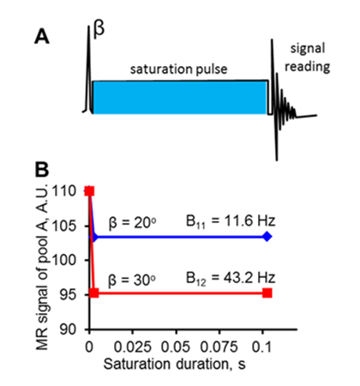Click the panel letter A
tap(42, 38)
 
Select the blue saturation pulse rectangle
tap(179, 97)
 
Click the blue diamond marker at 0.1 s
tap(267, 235)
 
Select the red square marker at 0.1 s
tap(267, 293)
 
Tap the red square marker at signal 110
tap(89, 190)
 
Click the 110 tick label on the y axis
tap(70, 190)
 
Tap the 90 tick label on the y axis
tap(74, 329)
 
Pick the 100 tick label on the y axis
tap(70, 259)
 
